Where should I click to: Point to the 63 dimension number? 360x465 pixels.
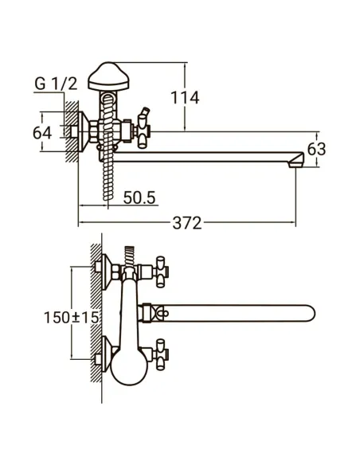(317, 149)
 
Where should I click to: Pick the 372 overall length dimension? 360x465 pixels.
(187, 225)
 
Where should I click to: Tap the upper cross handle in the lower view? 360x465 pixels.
(162, 268)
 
